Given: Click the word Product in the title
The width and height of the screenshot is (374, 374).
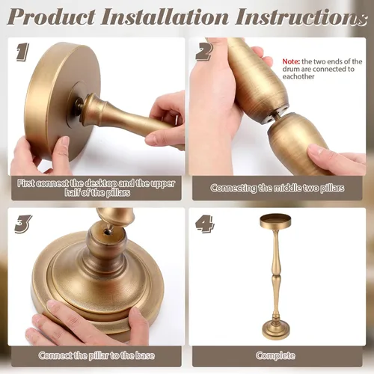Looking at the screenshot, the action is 52,17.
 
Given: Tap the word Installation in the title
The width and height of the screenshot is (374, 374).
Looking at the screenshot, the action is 165,16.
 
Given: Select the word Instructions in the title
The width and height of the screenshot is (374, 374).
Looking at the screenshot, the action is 301,16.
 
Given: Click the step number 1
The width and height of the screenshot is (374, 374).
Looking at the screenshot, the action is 22,52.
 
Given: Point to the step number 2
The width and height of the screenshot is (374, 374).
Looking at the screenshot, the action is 204,52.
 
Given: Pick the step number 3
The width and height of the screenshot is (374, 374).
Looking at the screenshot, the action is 23,224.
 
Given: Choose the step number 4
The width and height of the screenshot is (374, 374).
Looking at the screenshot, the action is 205,224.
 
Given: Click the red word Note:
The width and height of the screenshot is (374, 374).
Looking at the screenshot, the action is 291,61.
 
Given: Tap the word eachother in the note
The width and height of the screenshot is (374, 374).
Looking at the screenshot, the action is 298,76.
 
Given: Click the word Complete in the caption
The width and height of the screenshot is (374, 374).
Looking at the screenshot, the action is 275,355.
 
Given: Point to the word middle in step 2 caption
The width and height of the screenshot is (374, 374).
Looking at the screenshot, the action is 287,188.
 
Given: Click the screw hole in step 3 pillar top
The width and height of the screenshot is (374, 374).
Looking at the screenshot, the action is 108,232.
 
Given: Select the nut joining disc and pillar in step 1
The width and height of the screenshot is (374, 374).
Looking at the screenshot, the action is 79,105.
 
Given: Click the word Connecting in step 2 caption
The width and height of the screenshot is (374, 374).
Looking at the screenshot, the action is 233,188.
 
